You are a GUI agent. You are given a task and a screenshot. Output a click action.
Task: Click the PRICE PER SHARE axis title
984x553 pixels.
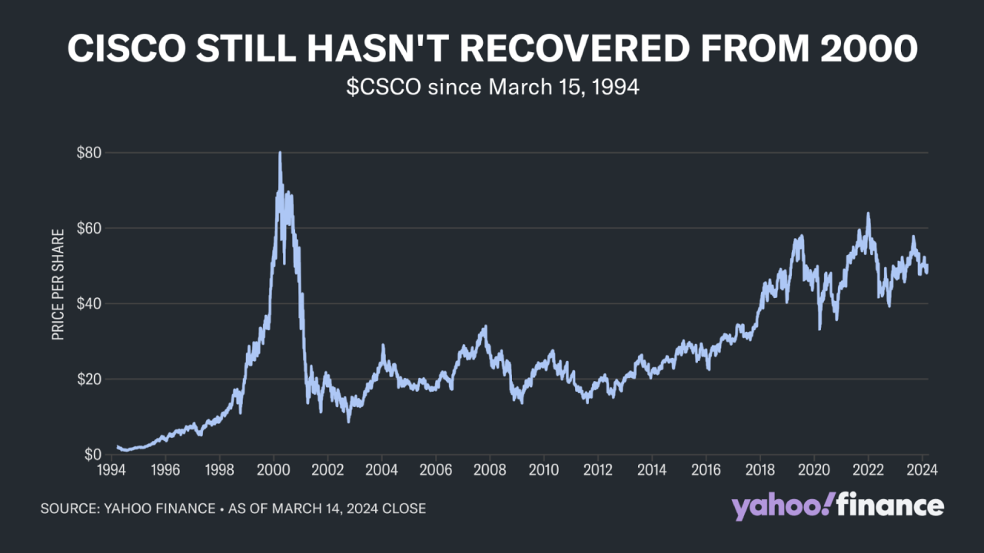click(58, 284)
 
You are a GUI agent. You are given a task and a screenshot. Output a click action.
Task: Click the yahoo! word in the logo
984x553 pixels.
click(779, 507)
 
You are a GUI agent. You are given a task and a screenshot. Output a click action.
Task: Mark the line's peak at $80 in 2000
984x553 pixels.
click(280, 153)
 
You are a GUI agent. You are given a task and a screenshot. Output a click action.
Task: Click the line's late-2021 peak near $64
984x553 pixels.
click(868, 214)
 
